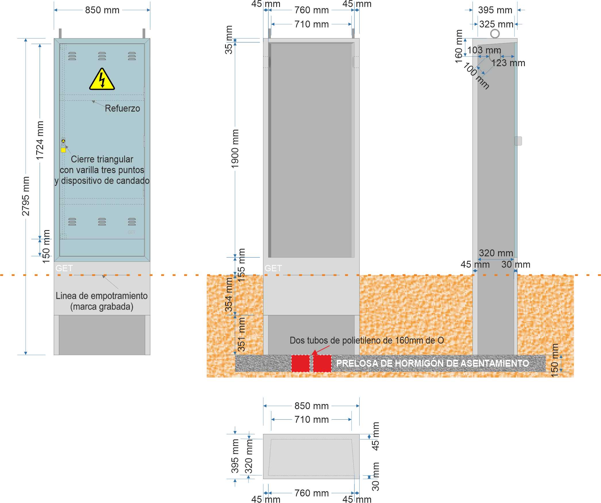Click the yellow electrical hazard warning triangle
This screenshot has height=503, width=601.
point(102,80)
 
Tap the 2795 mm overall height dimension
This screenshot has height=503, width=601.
point(26,196)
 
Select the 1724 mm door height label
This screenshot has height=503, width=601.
point(40,140)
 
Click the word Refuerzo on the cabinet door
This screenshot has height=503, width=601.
point(122,108)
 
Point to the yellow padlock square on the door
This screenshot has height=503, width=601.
point(63,150)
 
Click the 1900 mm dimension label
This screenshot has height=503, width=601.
point(235,149)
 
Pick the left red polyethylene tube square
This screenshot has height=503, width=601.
point(300,364)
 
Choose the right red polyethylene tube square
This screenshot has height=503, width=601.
point(322,364)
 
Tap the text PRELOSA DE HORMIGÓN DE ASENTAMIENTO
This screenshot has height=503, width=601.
point(432,363)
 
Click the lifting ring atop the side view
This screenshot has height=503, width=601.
point(495,34)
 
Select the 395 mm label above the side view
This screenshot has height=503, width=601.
point(495,10)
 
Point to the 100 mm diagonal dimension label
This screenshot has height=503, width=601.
point(476,76)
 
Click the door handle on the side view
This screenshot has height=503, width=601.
point(518,141)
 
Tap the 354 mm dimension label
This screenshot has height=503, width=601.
point(229,295)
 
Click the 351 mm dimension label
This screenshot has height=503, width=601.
point(241,334)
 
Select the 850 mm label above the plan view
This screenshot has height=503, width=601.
point(311,406)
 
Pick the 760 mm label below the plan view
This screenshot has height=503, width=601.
point(311,493)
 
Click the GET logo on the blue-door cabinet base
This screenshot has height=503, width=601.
point(64,268)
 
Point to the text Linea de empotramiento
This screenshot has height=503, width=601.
point(101,296)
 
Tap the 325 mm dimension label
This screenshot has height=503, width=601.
point(496,24)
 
